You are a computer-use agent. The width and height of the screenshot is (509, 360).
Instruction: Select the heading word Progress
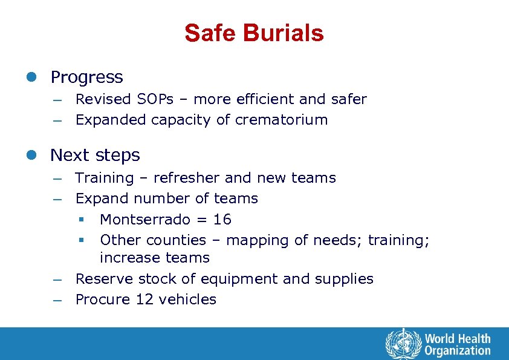[x=86, y=77]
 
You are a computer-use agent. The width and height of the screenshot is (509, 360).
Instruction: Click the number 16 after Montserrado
[x=222, y=219]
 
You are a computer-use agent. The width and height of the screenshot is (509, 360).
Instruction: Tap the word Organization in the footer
[x=458, y=350]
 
